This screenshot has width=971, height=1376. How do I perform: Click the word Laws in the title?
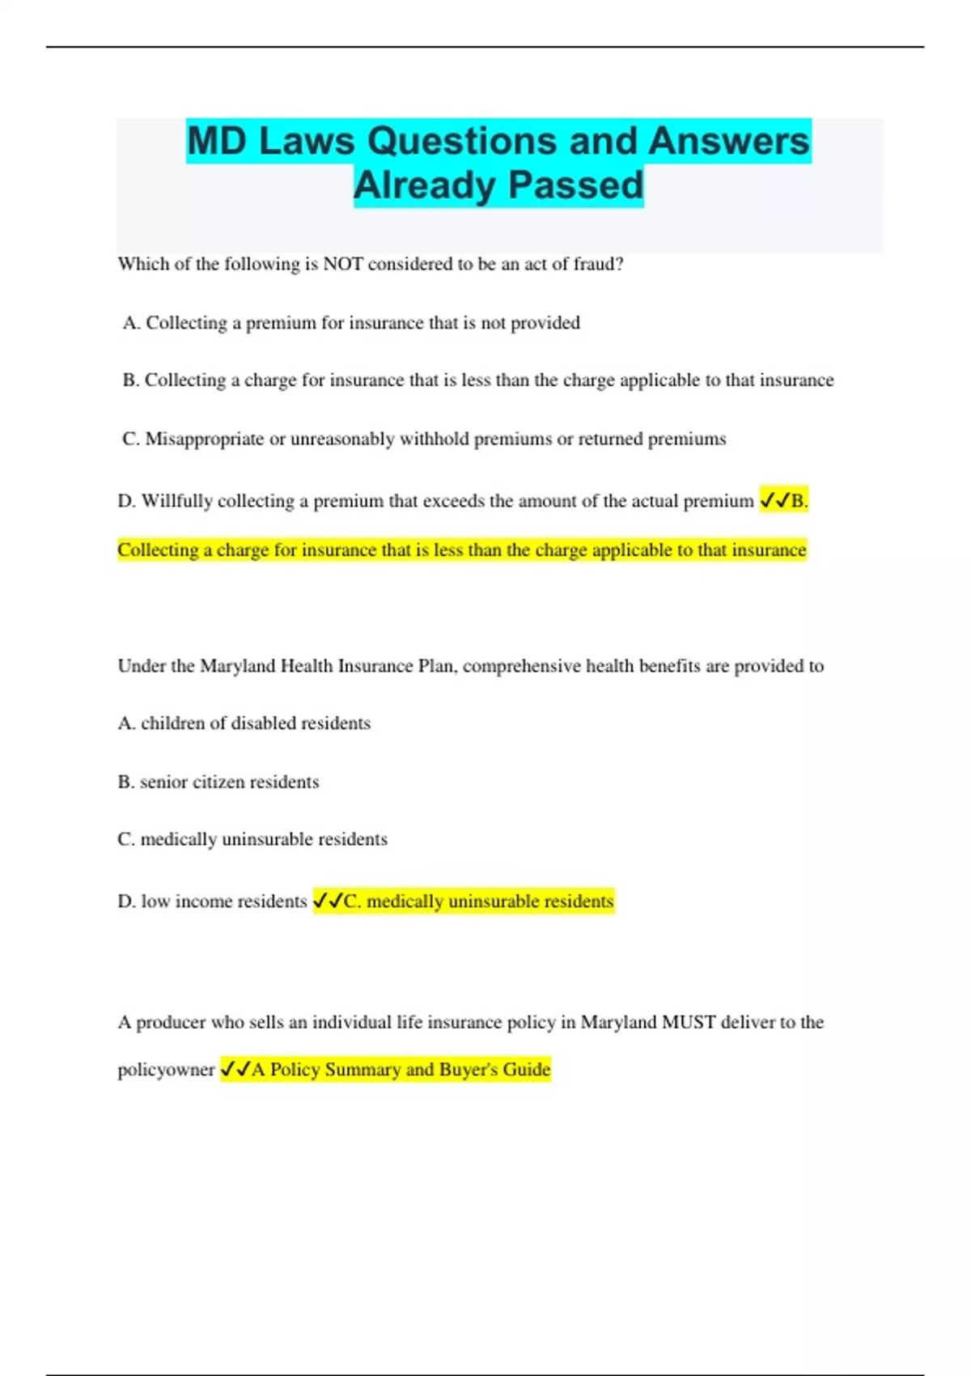307,142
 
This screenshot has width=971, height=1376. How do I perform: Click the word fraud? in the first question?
599,264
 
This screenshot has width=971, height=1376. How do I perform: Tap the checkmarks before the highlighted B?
774,501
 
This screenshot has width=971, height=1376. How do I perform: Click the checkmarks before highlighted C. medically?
328,901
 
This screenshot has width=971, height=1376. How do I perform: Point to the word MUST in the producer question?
689,1022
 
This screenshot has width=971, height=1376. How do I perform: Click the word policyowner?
166,1070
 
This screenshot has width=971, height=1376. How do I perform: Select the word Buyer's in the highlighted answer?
469,1070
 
